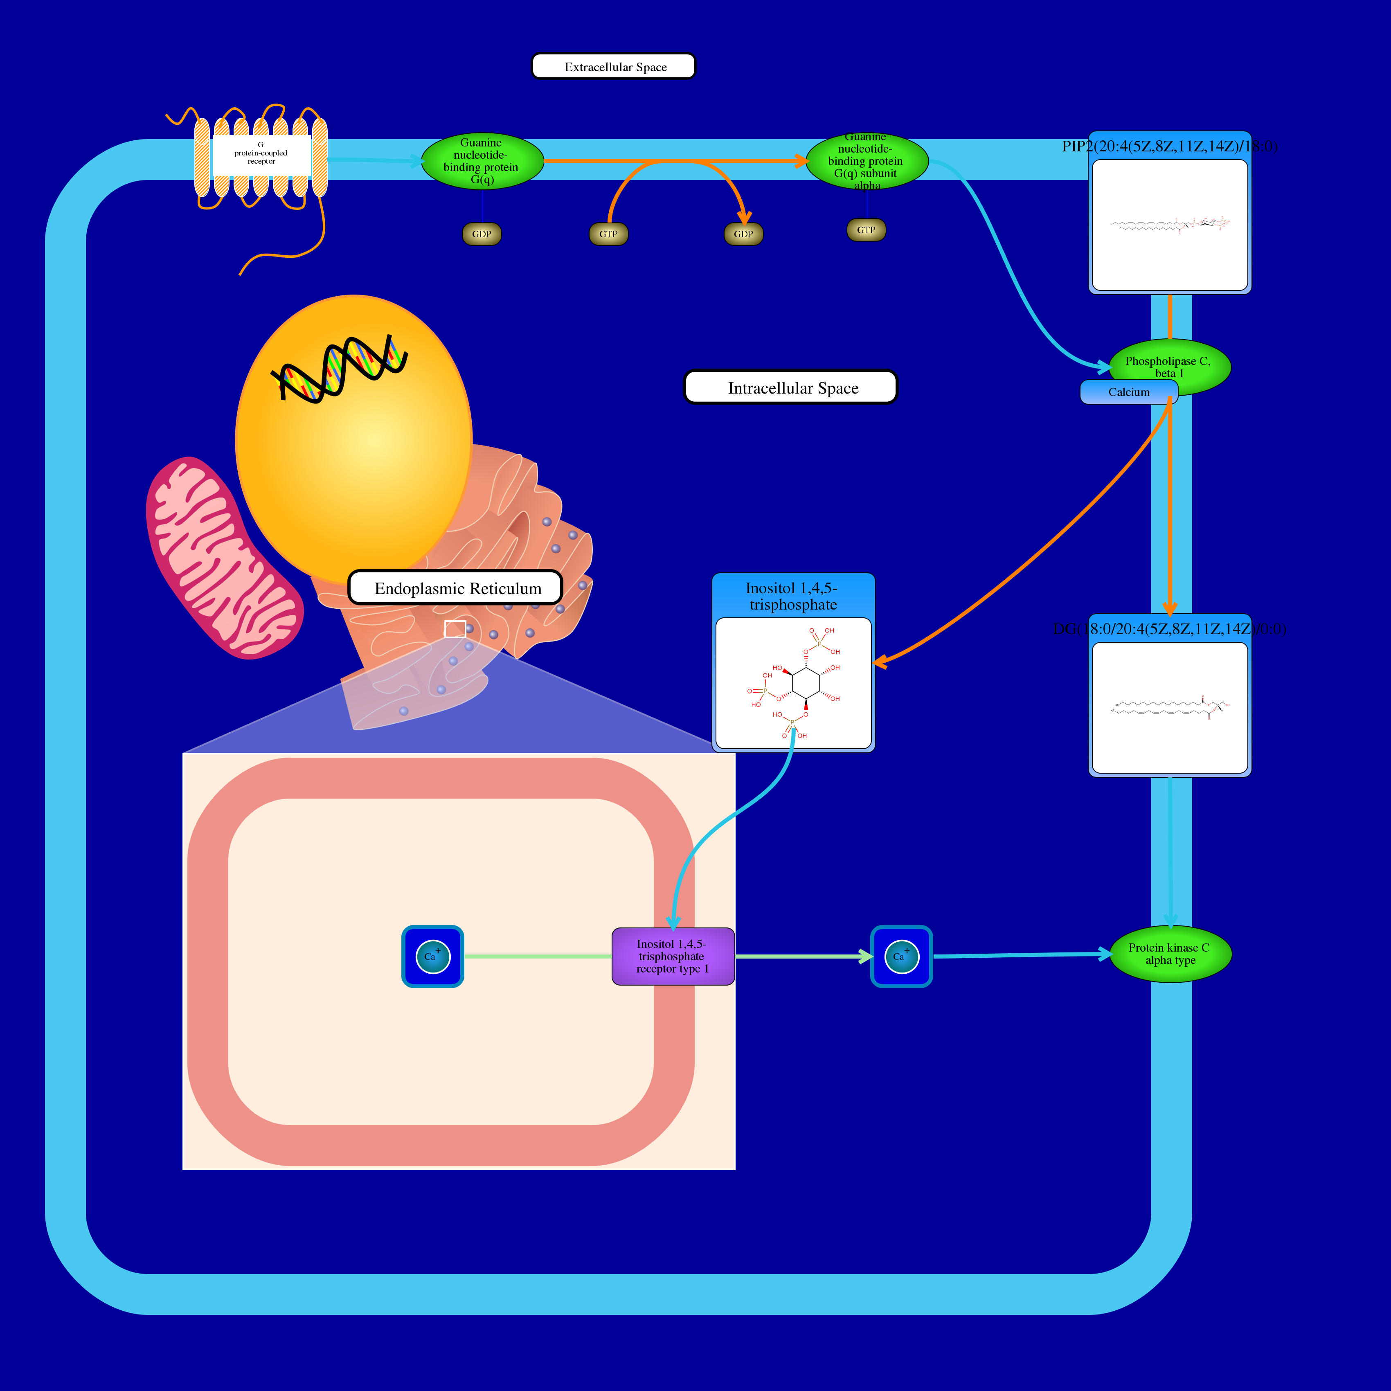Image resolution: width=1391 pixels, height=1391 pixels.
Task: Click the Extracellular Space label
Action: point(613,66)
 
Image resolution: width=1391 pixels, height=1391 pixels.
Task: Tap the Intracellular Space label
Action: point(790,387)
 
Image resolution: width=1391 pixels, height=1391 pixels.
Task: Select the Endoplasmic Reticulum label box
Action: point(455,587)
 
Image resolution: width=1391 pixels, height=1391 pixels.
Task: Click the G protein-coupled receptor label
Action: point(261,153)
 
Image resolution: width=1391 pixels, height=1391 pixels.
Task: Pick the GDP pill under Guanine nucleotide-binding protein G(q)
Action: point(482,234)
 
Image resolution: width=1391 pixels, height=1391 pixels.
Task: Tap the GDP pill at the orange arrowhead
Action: point(743,234)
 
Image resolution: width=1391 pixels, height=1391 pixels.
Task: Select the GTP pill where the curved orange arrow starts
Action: point(608,234)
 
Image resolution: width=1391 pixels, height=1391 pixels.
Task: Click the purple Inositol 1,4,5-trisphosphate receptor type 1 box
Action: point(673,956)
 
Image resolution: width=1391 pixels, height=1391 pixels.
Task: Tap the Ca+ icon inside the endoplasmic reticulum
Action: point(433,956)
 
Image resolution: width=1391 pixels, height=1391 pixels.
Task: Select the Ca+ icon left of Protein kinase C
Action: point(901,956)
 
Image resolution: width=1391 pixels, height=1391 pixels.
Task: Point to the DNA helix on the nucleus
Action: point(338,367)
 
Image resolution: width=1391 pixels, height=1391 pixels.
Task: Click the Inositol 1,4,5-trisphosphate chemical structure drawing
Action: point(793,682)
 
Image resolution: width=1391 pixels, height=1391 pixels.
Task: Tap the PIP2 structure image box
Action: point(1169,225)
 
